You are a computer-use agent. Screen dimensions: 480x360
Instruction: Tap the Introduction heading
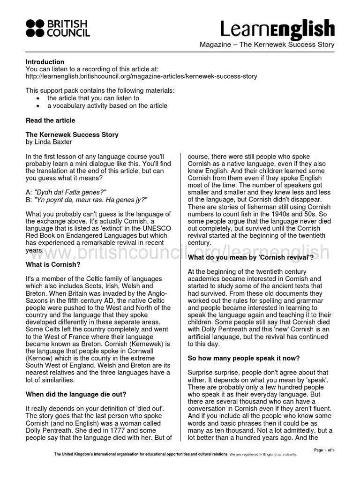[x=45, y=62]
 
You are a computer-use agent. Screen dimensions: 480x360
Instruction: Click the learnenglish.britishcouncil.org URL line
[x=141, y=76]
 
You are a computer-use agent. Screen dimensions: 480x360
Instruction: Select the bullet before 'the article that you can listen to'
[x=38, y=98]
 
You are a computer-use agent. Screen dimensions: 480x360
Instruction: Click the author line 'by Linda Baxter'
[x=49, y=142]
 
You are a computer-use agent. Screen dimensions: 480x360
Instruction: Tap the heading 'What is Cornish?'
[x=53, y=264]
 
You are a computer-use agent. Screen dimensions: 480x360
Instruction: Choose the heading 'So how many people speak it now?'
[x=244, y=359]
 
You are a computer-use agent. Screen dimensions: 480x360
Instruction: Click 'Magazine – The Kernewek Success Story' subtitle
[x=267, y=45]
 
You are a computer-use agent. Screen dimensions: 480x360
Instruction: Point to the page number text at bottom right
[x=324, y=450]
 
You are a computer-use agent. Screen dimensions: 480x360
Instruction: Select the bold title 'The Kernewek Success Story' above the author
[x=72, y=135]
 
